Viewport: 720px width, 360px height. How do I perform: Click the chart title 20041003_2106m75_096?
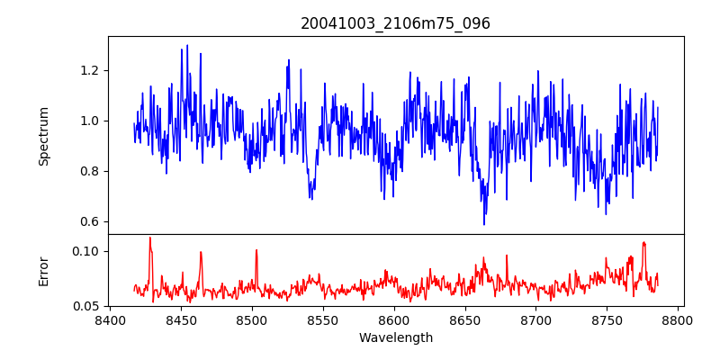395,23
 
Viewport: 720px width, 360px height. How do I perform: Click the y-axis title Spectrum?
44,136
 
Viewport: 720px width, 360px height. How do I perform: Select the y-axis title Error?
44,270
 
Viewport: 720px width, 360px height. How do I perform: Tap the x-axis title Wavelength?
395,338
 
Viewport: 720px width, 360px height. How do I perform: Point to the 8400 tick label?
110,319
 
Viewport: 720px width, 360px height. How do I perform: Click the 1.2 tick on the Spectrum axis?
90,70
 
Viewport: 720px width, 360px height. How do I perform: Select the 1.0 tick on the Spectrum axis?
90,121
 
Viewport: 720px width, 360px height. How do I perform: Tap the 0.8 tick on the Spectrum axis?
90,171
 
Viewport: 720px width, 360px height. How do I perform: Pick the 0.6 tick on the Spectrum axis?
90,221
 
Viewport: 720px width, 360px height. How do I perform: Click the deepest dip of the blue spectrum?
484,224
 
